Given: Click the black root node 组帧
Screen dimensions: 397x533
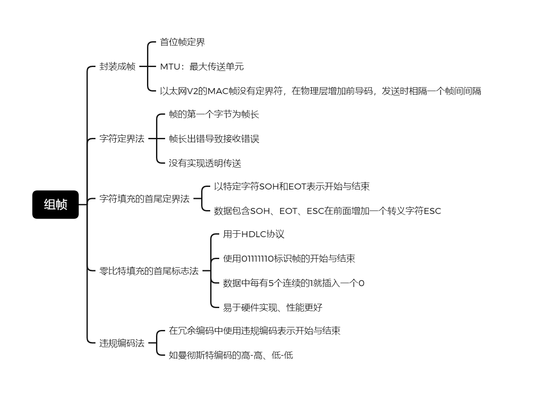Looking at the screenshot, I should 55,205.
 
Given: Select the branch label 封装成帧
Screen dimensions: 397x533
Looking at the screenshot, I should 117,67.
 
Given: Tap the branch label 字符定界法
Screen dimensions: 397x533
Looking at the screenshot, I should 122,139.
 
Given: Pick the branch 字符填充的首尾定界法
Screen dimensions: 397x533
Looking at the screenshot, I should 144,199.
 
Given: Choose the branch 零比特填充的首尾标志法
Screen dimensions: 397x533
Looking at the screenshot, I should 149,271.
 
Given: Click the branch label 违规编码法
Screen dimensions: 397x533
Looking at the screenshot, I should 122,343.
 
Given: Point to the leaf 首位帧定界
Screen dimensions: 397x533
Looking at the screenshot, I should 182,42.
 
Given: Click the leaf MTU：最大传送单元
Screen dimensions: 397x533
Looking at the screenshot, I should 202,67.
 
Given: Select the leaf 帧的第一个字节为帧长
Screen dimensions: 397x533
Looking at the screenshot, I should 214,114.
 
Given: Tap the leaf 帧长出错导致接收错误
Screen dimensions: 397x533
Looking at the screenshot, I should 214,139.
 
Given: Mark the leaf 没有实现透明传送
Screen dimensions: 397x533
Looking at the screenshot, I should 205,163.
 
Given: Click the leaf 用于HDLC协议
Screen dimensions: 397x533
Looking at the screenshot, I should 254,235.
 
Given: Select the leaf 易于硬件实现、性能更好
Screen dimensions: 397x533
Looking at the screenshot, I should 273,308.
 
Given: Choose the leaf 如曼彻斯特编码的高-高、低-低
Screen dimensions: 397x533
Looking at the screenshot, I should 231,356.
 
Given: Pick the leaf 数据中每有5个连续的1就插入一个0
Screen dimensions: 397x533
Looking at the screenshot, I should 294,283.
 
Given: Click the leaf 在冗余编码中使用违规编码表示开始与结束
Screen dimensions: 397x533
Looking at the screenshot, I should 254,331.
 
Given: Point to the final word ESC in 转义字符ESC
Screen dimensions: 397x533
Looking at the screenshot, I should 432,211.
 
